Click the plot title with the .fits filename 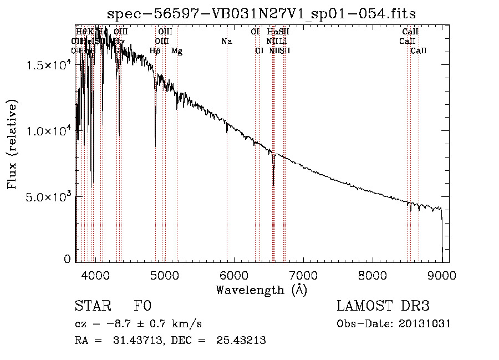tap(262, 13)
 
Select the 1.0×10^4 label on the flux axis tap(48, 131)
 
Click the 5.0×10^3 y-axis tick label tap(48, 197)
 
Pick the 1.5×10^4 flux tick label tap(48, 65)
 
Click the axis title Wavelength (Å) tap(261, 290)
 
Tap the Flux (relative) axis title tap(12, 144)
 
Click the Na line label tap(226, 41)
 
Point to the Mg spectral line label tap(177, 51)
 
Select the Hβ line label tap(155, 51)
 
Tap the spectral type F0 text tap(142, 306)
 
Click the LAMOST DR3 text tap(383, 306)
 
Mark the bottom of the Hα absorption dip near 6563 tap(273, 185)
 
